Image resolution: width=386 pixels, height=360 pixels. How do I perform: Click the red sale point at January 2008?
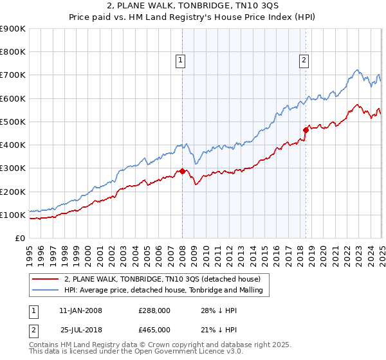[x=182, y=171]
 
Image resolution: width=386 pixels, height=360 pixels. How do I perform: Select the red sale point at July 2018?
[x=306, y=130]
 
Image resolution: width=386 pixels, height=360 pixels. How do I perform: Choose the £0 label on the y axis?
[x=20, y=239]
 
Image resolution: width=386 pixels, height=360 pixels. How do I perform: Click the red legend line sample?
[x=45, y=280]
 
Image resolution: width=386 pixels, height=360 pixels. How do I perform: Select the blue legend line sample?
[x=45, y=291]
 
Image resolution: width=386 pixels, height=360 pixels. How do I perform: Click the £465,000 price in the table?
[x=154, y=330]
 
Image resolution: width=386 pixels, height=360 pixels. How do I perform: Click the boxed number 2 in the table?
[x=33, y=330]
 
